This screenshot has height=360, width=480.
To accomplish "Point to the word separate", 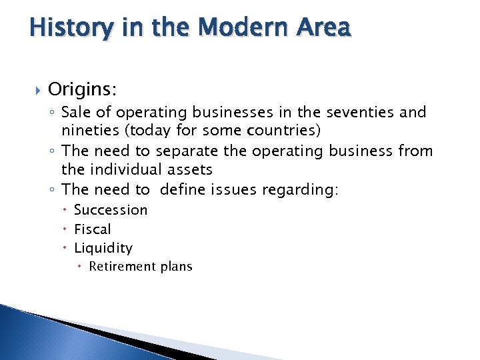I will point(193,151).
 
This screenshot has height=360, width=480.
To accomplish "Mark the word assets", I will point(191,171).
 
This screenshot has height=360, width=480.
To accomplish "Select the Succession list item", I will point(111,210).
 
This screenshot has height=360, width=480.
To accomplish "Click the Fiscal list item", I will point(93,229).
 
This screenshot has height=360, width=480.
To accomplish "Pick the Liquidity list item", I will point(103,248).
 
